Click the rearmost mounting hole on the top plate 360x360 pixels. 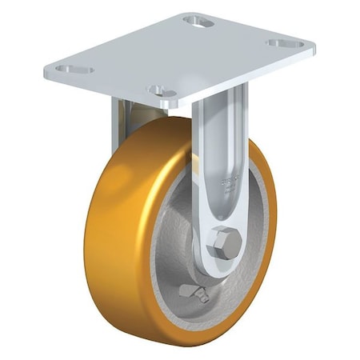198,21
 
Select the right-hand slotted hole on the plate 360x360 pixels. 285,43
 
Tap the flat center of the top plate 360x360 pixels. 176,56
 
